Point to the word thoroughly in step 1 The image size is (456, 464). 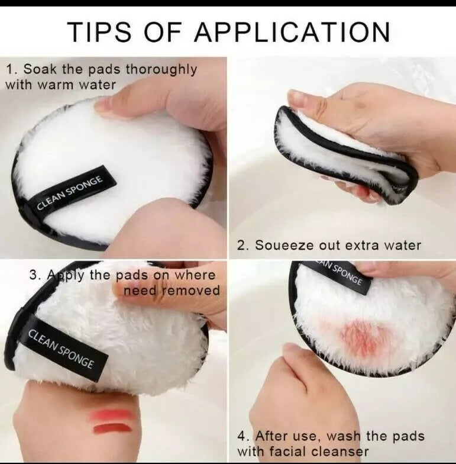[x=159, y=70]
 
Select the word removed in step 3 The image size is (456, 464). [x=190, y=291]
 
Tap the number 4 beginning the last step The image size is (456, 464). [x=242, y=436]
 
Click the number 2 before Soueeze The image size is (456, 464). [x=241, y=245]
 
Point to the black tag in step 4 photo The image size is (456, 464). [x=341, y=272]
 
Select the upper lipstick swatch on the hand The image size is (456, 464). [x=112, y=415]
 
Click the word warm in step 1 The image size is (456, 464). [x=62, y=85]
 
